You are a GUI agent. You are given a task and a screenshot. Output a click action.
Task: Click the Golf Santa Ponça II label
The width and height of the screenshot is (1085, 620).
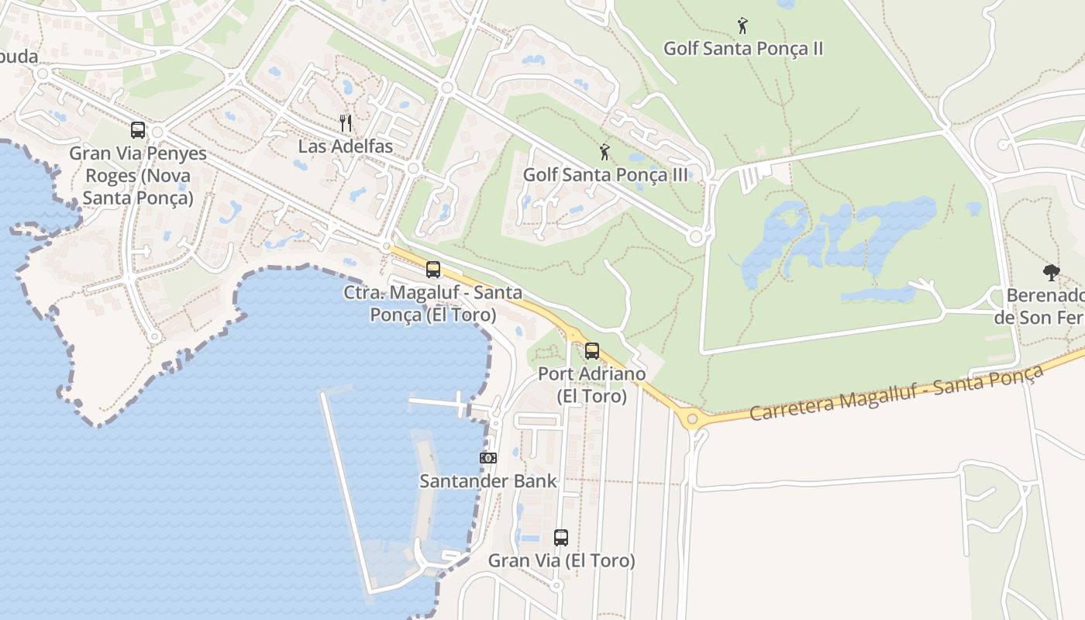click(x=742, y=49)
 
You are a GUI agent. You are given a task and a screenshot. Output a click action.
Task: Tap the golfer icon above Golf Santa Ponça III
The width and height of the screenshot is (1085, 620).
click(x=604, y=152)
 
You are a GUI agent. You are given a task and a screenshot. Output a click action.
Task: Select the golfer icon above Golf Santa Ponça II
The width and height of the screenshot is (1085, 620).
click(x=742, y=26)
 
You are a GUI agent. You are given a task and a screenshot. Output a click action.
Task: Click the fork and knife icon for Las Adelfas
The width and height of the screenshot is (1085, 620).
click(x=346, y=123)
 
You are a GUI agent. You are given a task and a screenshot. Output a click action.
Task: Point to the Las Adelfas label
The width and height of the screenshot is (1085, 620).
click(x=346, y=146)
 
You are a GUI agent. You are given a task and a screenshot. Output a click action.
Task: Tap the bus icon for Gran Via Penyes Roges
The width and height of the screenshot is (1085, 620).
click(x=138, y=130)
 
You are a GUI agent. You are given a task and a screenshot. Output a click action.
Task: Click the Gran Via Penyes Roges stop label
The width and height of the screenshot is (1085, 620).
click(x=138, y=176)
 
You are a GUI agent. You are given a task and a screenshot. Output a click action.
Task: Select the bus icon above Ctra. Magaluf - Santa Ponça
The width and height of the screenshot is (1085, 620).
click(x=433, y=270)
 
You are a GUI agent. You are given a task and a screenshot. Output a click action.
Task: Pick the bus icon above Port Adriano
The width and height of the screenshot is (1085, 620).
click(x=592, y=351)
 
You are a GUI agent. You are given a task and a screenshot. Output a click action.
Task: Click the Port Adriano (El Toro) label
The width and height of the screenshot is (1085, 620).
click(x=592, y=385)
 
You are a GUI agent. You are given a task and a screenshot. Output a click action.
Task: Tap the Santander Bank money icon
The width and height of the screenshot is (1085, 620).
click(x=488, y=458)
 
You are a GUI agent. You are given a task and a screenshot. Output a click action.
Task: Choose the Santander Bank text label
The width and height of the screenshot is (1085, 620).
click(x=488, y=481)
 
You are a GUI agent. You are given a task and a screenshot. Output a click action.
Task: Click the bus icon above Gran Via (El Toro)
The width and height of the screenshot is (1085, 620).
click(x=561, y=537)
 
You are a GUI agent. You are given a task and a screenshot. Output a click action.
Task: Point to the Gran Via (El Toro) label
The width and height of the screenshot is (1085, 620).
click(x=561, y=560)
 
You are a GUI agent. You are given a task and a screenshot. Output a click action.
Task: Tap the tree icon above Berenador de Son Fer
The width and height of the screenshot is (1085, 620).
click(x=1052, y=272)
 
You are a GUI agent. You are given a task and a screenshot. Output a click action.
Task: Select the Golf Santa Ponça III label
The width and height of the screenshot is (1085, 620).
click(x=605, y=175)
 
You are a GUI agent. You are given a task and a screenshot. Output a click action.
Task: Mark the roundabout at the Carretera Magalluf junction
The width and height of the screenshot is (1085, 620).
click(x=692, y=419)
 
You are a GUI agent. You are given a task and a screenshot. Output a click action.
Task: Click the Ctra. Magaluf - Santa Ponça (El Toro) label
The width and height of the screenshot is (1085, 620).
click(x=433, y=304)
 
